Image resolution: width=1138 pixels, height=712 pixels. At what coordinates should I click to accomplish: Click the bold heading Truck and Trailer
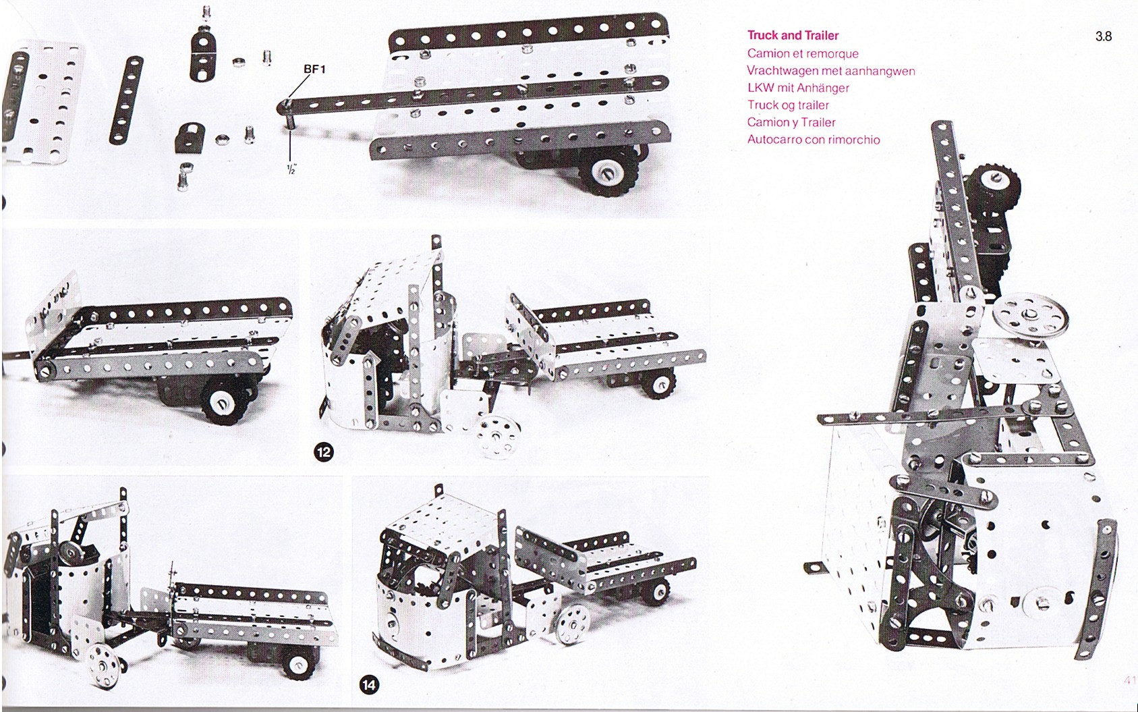click(793, 35)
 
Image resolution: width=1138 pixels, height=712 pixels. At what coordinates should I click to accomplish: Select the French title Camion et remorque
click(803, 53)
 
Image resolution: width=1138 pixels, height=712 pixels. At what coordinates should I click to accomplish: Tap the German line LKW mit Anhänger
click(798, 88)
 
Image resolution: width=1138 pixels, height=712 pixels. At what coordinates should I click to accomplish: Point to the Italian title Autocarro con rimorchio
click(814, 140)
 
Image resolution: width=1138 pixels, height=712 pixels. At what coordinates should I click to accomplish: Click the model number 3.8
click(1104, 36)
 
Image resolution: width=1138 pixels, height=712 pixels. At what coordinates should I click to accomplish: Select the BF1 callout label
click(315, 69)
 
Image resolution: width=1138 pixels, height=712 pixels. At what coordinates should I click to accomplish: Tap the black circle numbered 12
click(324, 451)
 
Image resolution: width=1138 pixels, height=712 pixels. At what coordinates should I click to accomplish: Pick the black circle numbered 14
click(369, 685)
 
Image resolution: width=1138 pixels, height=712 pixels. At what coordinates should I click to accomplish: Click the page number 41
click(1130, 680)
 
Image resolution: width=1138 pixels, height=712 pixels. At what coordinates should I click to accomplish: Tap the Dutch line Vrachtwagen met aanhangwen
click(830, 71)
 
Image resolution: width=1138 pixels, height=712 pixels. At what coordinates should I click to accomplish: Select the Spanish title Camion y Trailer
click(791, 122)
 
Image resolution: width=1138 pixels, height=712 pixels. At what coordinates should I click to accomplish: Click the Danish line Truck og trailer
click(788, 105)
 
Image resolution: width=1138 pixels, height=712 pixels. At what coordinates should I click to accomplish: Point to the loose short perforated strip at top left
click(126, 100)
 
